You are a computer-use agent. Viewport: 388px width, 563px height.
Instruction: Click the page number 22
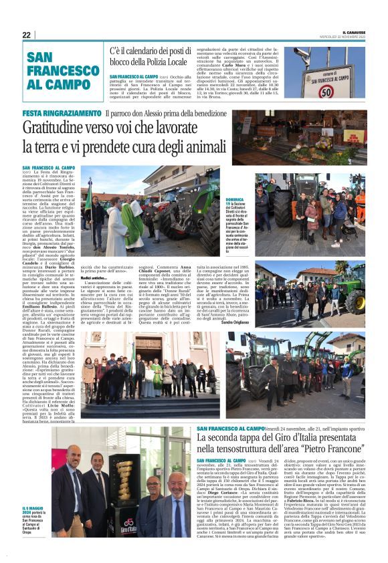(26, 35)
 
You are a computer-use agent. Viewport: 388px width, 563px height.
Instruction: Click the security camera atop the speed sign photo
(304, 53)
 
